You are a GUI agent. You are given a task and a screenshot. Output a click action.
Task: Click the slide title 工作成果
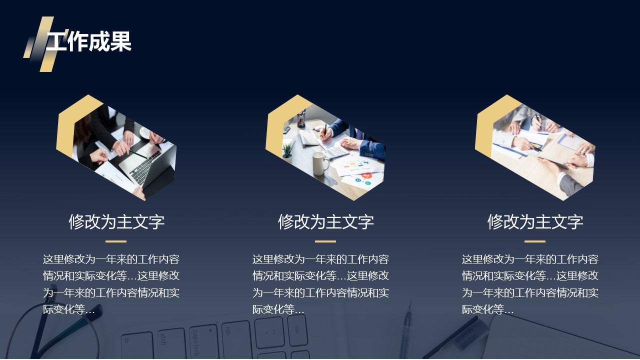coord(88,41)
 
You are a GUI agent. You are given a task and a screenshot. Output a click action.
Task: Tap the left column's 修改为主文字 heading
coord(116,221)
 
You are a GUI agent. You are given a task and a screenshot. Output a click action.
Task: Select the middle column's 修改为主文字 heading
coord(325,221)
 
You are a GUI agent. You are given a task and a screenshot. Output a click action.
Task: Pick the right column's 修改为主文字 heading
coord(535,221)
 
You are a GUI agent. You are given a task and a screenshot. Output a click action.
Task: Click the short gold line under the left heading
coord(116,241)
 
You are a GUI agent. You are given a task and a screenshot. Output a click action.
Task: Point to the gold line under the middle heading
coord(325,241)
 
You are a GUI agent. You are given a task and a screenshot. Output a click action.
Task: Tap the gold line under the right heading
coord(535,241)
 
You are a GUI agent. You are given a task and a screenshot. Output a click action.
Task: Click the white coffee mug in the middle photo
coord(320,163)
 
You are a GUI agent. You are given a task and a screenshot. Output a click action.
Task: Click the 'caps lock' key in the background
coord(203,342)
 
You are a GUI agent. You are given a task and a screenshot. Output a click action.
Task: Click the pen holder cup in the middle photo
coord(301,120)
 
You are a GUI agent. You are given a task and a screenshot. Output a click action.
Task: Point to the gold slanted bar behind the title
coord(46,44)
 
